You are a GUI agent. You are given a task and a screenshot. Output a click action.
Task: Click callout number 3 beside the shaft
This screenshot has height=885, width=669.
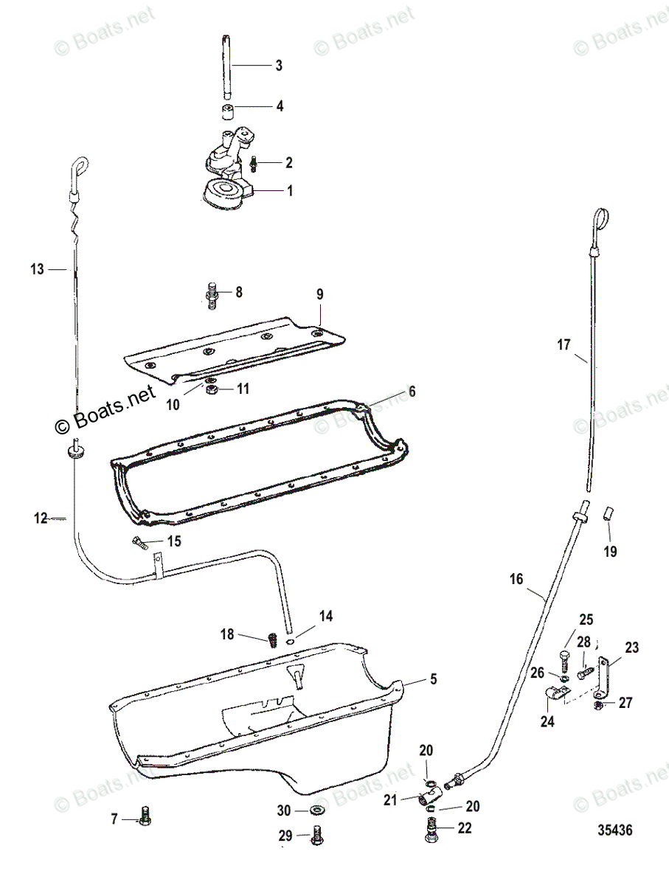278,66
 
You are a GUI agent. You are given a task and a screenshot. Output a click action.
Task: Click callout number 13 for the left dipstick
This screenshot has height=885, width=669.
38,270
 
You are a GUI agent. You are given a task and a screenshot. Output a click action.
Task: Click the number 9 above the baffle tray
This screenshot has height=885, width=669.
320,294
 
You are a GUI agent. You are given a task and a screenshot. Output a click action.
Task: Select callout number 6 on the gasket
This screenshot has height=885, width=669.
412,392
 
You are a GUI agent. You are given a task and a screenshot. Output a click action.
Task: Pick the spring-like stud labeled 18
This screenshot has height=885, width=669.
270,636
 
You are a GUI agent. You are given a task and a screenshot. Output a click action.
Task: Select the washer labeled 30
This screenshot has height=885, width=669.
319,811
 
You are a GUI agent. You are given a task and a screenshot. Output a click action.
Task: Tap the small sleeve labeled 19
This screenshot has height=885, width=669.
609,513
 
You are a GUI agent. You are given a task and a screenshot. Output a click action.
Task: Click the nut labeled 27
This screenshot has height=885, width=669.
598,707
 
